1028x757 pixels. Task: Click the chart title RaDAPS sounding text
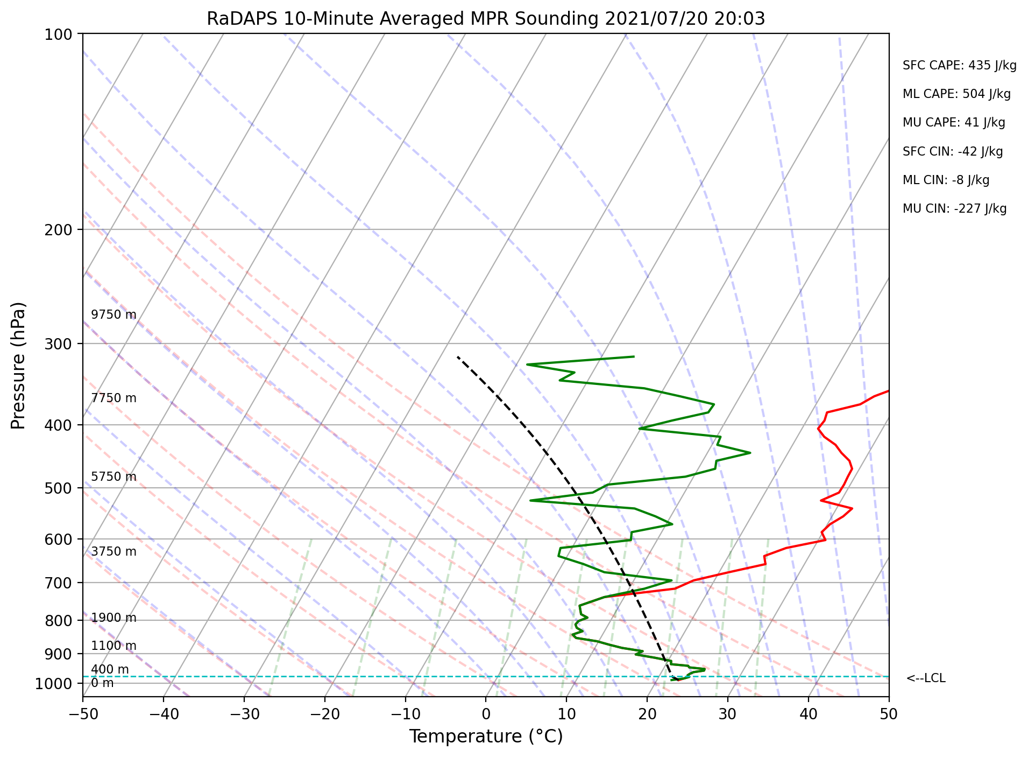point(486,19)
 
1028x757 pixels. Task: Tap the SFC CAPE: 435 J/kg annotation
point(960,66)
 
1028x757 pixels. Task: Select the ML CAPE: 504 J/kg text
point(957,94)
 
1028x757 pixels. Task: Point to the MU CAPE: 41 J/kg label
point(954,123)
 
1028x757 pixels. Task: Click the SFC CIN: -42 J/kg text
point(953,152)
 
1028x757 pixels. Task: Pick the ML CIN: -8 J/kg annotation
point(946,180)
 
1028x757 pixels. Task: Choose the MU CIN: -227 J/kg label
point(955,209)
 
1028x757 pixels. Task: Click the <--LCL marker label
point(926,678)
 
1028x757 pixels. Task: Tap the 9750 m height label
point(114,315)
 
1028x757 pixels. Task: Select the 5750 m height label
point(114,477)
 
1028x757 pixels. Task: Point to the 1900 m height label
point(114,618)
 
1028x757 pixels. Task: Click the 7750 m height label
point(114,398)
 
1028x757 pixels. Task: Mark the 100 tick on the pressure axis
point(62,34)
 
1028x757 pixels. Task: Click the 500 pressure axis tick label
point(62,488)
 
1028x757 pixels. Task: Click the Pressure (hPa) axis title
point(18,366)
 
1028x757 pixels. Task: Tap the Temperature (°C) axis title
point(486,737)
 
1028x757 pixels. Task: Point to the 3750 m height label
point(114,552)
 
